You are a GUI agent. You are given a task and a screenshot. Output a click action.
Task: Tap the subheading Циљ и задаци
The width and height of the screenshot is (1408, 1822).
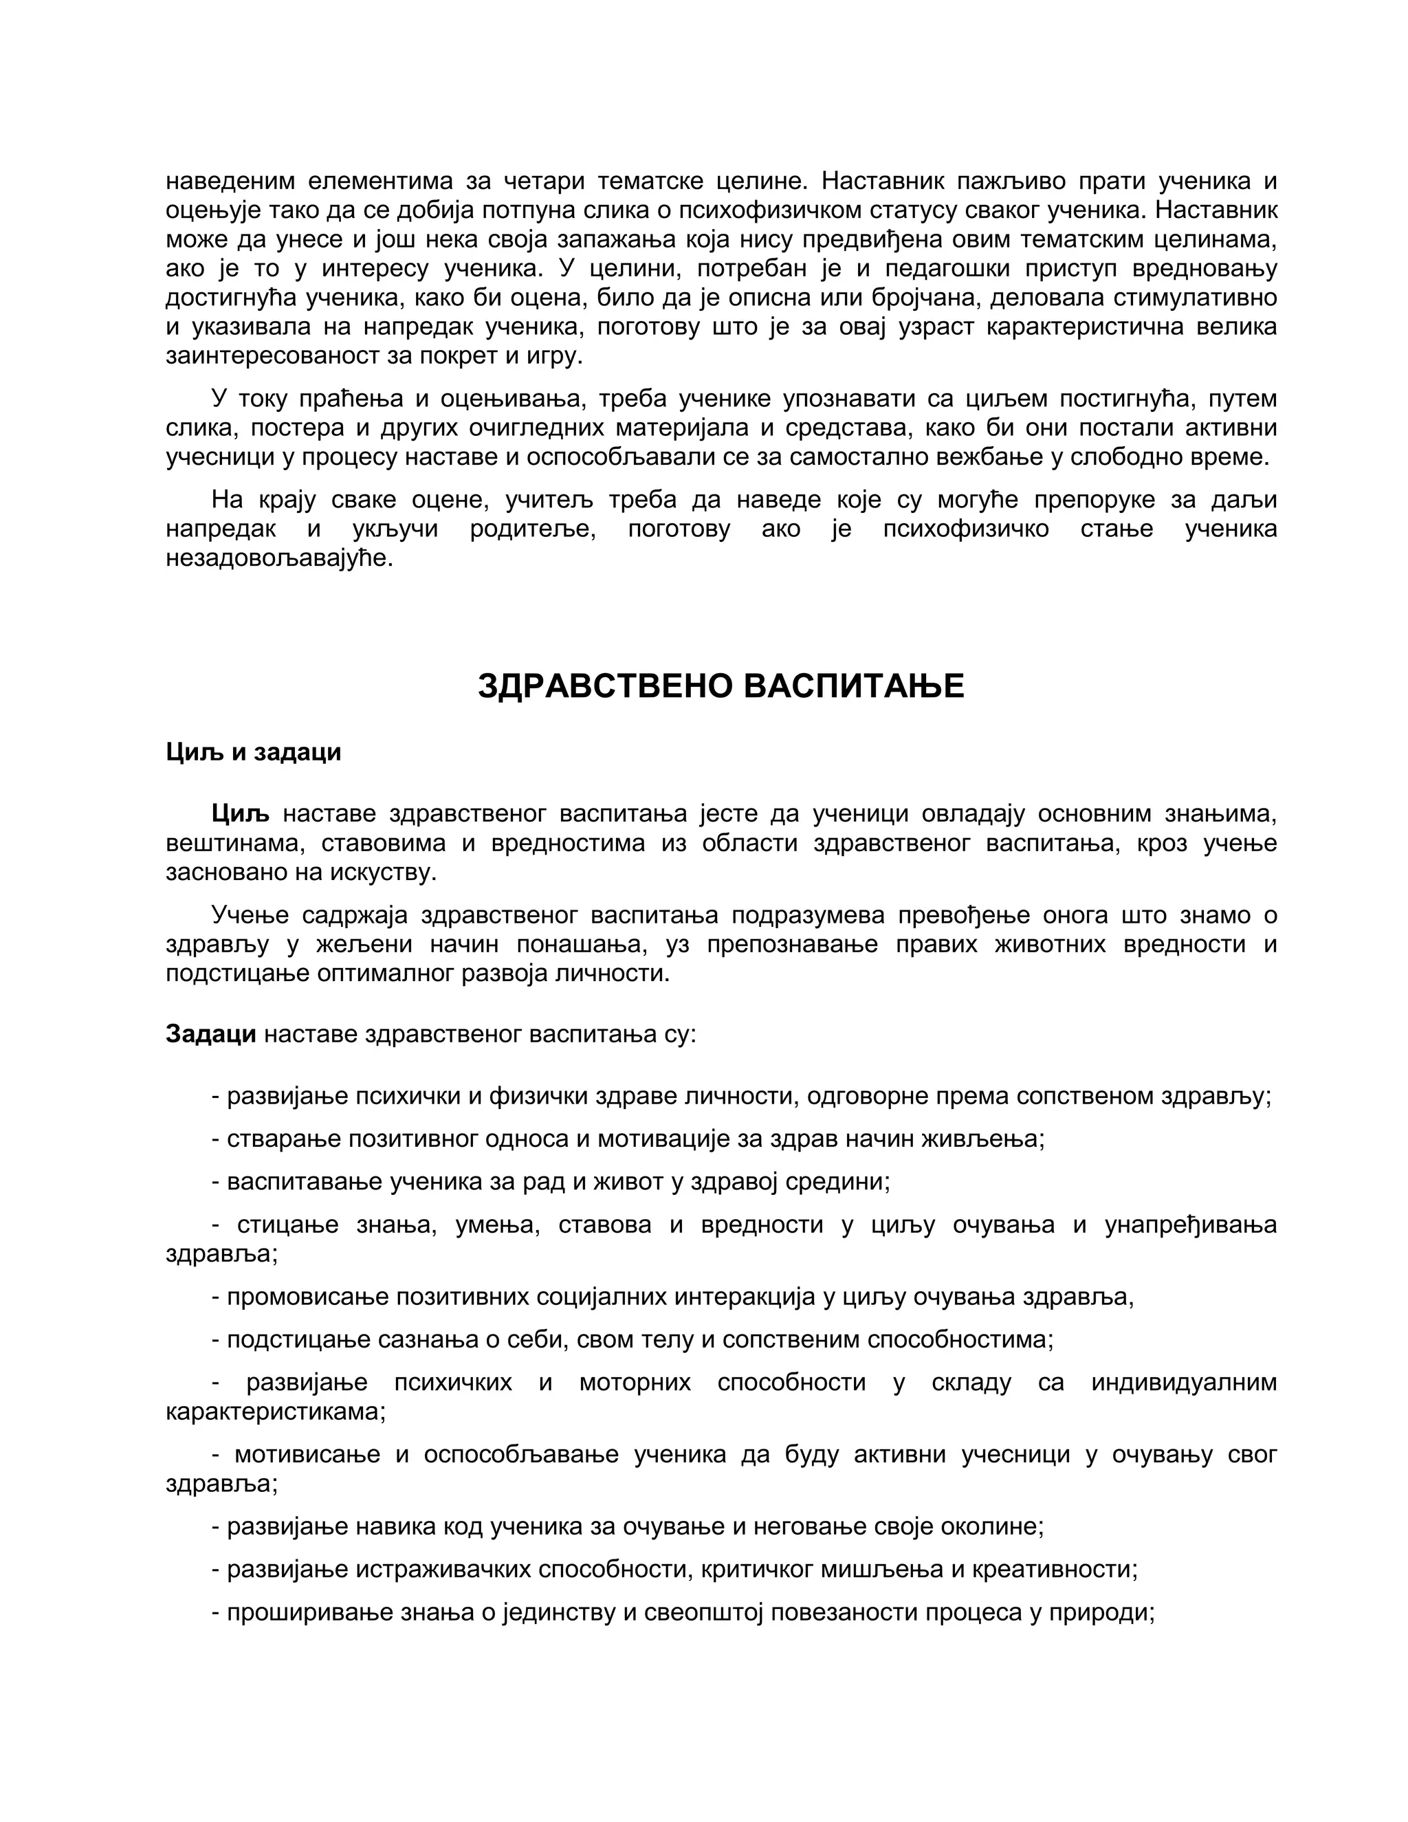(254, 752)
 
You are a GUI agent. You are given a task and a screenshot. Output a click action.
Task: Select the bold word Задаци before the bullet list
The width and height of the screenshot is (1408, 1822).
(210, 1035)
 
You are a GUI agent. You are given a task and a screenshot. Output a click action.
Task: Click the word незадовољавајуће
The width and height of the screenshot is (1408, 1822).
(278, 558)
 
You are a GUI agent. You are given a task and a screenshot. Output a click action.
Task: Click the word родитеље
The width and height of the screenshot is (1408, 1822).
(533, 529)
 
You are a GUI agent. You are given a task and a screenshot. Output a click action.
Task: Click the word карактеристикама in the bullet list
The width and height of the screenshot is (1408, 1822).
(275, 1412)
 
